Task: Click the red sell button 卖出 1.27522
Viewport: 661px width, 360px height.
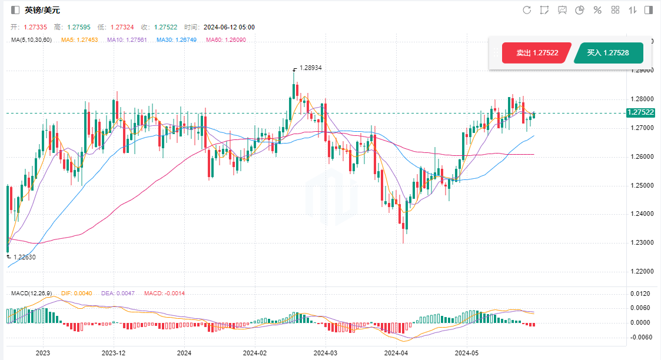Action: (536, 53)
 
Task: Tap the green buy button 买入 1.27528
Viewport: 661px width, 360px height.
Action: (608, 53)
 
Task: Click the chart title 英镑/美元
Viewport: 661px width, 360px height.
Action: (42, 10)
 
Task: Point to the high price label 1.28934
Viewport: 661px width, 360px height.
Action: (311, 68)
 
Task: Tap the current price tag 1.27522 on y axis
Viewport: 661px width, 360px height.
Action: (641, 112)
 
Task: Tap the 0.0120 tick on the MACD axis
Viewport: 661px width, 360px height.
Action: (640, 294)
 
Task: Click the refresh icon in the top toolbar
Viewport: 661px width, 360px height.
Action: (527, 10)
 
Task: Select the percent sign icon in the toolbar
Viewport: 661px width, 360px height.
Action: (597, 10)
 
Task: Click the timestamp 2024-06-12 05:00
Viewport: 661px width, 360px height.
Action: (228, 27)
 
